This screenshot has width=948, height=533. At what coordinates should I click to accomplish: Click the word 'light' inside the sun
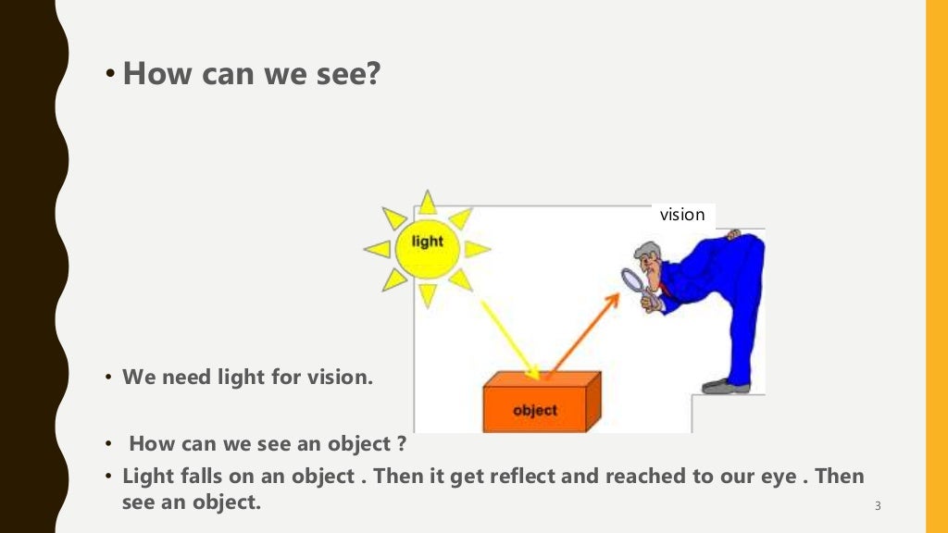427,242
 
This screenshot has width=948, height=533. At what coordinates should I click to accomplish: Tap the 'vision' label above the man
682,215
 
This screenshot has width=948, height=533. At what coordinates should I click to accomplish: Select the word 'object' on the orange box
534,409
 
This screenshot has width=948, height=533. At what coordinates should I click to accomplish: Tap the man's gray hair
649,251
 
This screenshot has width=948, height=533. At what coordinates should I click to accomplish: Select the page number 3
877,505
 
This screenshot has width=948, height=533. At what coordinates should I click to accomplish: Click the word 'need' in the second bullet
185,378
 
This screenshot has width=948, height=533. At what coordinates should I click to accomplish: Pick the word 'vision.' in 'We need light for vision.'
338,378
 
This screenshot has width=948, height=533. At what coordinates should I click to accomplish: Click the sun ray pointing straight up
427,202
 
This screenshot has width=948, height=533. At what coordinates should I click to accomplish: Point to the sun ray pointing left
378,248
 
